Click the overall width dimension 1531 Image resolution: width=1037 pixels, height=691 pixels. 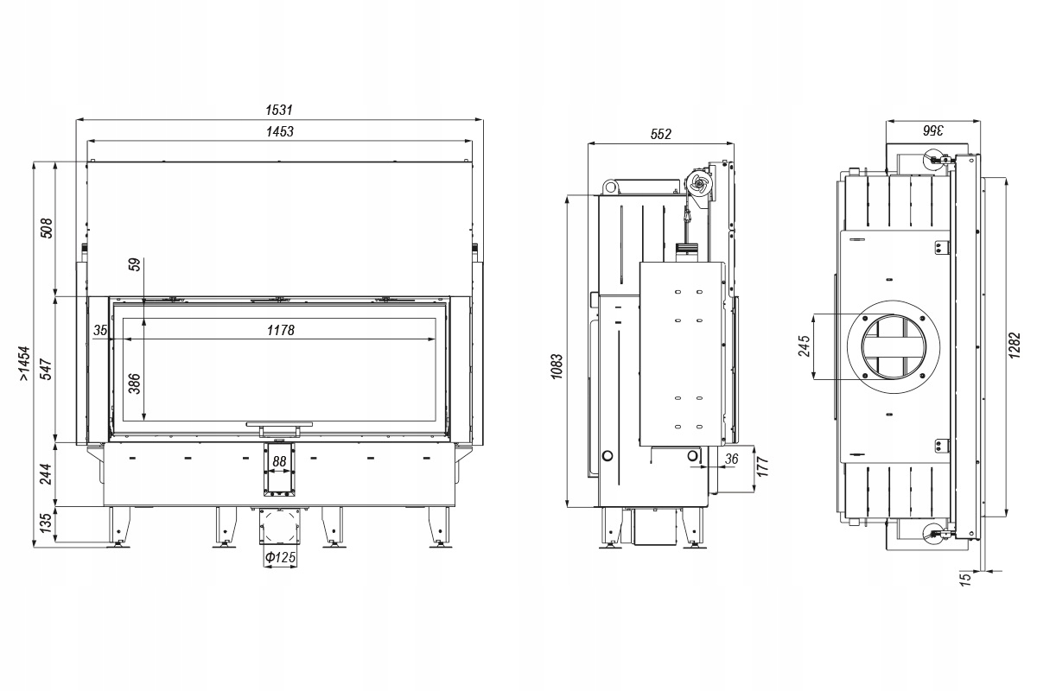pos(280,110)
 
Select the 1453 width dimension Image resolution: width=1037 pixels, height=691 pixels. pos(280,132)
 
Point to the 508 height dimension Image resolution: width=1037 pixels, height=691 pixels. pos(48,227)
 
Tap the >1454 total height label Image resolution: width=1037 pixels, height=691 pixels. pos(25,364)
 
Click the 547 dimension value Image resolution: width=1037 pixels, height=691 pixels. pos(48,369)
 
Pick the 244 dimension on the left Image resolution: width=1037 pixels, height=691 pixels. pos(48,473)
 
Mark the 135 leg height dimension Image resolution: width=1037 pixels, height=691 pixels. pos(48,523)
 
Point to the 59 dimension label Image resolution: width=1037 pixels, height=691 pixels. pos(135,265)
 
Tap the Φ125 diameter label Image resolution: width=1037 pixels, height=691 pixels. pos(280,558)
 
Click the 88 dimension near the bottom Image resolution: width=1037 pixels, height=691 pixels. pos(279,461)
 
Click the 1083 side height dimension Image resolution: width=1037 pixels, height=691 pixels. pos(557,368)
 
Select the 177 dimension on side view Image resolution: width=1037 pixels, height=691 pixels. pos(762,468)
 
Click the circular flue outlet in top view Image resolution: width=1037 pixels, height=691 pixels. pos(894,346)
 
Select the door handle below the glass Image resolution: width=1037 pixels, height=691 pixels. pos(279,425)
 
